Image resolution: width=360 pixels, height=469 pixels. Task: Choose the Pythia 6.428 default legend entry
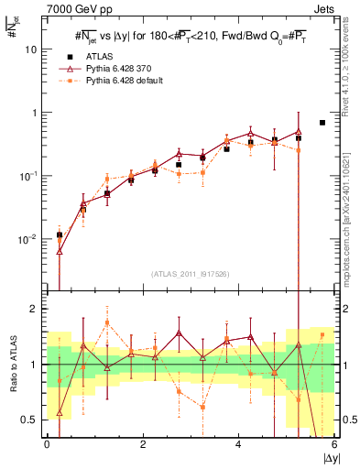tap(123, 81)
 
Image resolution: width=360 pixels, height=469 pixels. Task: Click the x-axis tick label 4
tap(238, 444)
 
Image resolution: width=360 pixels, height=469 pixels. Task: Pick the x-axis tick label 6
tap(334, 444)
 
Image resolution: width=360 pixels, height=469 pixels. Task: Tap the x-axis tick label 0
tap(47, 444)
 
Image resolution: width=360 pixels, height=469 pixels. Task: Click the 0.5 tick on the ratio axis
tap(32, 420)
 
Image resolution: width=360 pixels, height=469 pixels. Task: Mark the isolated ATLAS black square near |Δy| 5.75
tap(322, 123)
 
